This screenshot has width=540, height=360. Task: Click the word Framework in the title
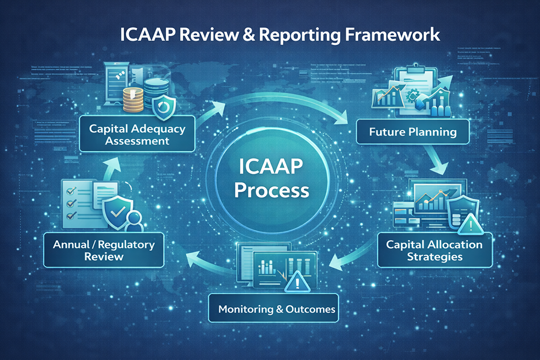(x=392, y=34)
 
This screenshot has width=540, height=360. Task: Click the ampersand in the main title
(x=249, y=34)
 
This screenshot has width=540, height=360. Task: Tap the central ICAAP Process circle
(x=272, y=179)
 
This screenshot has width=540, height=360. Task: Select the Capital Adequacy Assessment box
(x=137, y=134)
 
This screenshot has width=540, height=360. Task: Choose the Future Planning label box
(x=413, y=132)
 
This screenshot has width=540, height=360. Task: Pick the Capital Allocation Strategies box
(x=435, y=250)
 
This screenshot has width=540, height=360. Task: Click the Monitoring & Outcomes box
(x=274, y=308)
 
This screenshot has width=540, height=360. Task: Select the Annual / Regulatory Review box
(x=104, y=250)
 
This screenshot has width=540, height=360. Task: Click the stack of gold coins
(x=133, y=100)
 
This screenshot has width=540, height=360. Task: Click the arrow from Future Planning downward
(x=437, y=160)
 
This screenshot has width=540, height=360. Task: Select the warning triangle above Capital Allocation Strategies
(x=470, y=225)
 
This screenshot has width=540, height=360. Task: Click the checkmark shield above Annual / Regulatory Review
(x=118, y=213)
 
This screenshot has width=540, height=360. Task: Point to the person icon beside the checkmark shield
(x=134, y=222)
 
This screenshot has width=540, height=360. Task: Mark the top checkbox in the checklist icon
(x=71, y=191)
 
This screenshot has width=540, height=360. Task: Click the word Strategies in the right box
(x=435, y=257)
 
